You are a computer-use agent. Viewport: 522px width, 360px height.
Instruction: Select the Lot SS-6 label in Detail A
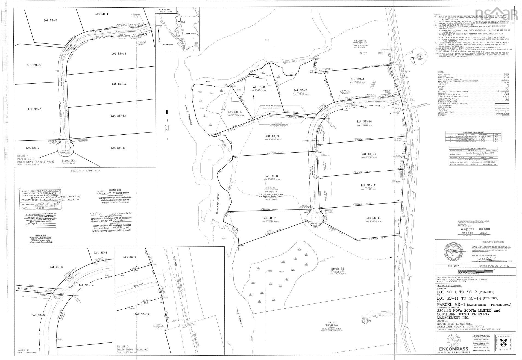pos(34,109)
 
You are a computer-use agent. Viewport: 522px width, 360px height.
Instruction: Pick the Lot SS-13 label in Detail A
pos(119,84)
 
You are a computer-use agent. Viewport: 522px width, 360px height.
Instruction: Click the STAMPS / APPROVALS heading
pos(85,170)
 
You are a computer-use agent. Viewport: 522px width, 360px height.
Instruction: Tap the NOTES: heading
pos(438,14)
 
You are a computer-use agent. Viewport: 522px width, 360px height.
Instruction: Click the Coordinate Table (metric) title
pos(464,132)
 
